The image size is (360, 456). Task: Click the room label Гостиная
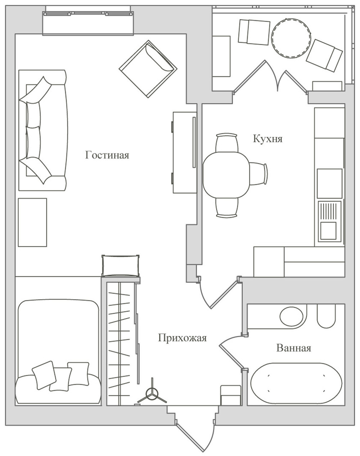[107, 155]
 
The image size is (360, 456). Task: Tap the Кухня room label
[268, 139]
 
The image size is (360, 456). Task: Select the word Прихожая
[182, 338]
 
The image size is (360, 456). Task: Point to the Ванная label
[293, 348]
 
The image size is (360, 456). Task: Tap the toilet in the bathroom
[326, 316]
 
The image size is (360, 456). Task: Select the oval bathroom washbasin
[291, 316]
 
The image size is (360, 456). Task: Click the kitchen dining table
[226, 175]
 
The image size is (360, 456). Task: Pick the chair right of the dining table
[258, 174]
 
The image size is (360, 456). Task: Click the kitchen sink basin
[328, 231]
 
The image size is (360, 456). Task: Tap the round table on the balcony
[291, 38]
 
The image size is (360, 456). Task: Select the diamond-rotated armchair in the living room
[148, 69]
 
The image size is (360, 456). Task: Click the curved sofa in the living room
[43, 130]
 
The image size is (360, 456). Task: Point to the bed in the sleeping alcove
[58, 352]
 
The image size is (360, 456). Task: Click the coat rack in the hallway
[152, 396]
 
